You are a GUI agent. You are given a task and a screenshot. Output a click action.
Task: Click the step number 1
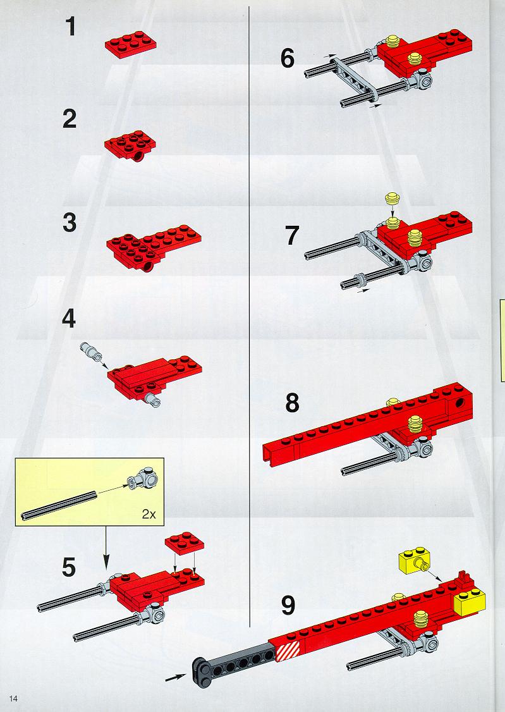(71, 26)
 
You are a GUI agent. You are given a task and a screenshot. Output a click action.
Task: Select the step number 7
(292, 236)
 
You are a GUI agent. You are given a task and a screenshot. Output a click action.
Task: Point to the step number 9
(288, 605)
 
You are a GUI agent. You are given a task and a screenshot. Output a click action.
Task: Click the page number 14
(13, 698)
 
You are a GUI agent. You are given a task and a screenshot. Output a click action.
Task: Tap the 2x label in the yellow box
(149, 514)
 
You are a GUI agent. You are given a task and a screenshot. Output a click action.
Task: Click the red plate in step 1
(131, 44)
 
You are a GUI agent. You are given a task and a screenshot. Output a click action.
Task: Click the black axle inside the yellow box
(59, 505)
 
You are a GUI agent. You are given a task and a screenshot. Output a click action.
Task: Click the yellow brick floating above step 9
(414, 562)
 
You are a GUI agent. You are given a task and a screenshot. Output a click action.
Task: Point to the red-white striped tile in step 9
(288, 650)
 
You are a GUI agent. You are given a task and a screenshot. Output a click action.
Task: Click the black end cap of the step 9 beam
(202, 670)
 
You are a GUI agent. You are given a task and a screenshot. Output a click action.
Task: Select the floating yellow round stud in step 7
(391, 199)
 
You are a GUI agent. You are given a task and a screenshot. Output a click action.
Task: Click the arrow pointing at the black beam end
(175, 677)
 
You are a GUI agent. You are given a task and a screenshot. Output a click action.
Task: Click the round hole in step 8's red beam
(461, 403)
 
